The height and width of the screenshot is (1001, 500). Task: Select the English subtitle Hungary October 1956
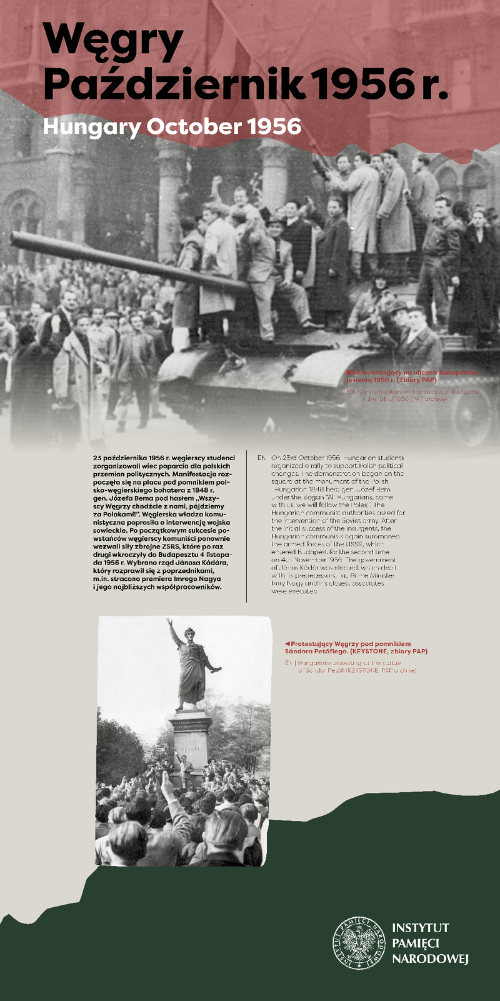pos(172,127)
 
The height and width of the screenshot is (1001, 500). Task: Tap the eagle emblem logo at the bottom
pos(359,943)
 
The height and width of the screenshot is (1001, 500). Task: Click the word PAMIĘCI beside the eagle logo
pos(416,943)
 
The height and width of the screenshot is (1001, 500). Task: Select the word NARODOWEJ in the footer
pos(430,959)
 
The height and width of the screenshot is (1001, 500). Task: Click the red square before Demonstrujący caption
pos(349,372)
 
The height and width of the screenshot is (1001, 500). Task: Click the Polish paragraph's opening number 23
pos(97,458)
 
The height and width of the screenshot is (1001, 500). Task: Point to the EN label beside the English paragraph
pos(261,458)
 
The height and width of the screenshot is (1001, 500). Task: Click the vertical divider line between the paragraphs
pos(247,525)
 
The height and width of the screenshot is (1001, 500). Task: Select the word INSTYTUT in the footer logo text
pos(420,928)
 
